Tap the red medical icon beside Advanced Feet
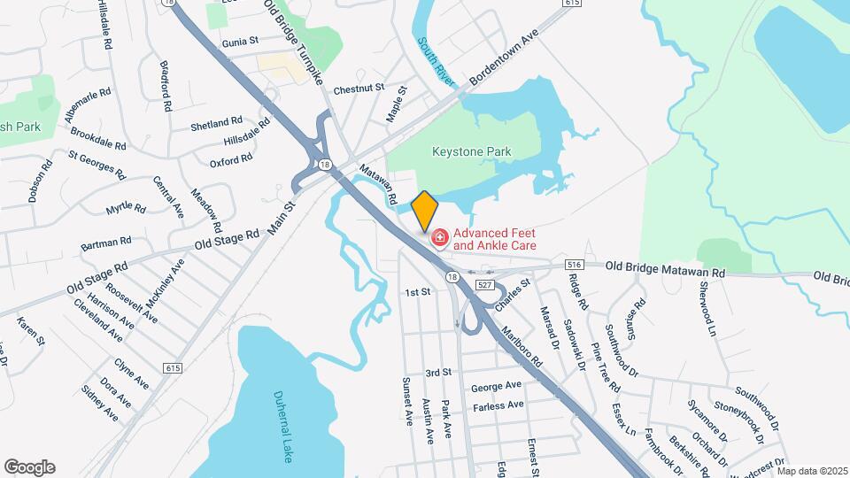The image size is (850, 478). pyautogui.click(x=438, y=238)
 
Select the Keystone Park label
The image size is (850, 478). pyautogui.click(x=472, y=152)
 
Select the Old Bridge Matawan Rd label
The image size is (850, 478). pyautogui.click(x=665, y=269)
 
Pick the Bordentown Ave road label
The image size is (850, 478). pyautogui.click(x=504, y=61)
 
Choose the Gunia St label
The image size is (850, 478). pyautogui.click(x=240, y=42)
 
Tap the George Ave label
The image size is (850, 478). pyautogui.click(x=496, y=387)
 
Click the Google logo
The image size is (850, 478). pyautogui.click(x=29, y=467)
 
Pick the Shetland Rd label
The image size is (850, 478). pyautogui.click(x=216, y=123)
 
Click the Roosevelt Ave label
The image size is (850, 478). pyautogui.click(x=132, y=303)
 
